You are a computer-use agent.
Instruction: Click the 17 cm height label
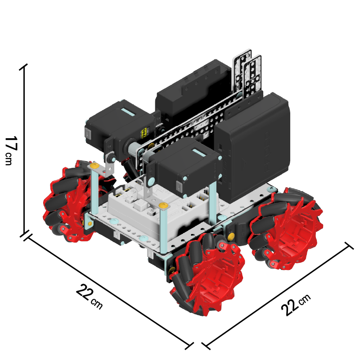coord(11,150)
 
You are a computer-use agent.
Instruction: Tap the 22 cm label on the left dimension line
coord(90,297)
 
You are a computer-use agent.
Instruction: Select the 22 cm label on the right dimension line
coord(296,305)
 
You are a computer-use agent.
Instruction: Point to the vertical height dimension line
coord(24,150)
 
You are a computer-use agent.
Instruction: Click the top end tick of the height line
coord(23,67)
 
